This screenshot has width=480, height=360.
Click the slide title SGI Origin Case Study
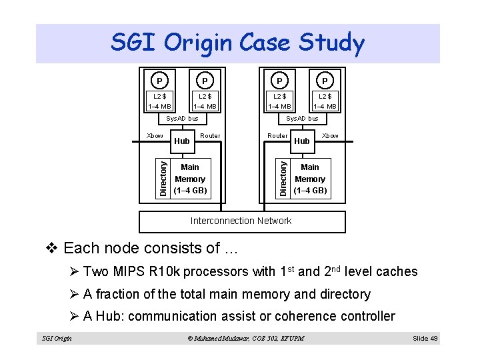click(x=238, y=44)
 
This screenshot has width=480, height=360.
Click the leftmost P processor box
click(x=159, y=81)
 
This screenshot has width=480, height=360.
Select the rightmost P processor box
click(x=325, y=81)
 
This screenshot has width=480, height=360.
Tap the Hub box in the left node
click(x=182, y=141)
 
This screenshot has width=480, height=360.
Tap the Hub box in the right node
click(x=301, y=141)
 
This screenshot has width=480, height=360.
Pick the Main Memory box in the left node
click(x=190, y=179)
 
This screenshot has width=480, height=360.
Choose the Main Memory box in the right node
click(x=310, y=179)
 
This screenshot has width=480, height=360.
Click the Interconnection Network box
click(x=241, y=221)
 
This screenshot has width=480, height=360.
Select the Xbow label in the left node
click(x=155, y=135)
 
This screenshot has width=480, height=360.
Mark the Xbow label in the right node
click(x=330, y=135)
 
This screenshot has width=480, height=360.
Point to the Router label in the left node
click(x=210, y=135)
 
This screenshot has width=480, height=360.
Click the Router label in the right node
click(x=277, y=135)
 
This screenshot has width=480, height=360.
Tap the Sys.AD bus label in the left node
click(x=182, y=119)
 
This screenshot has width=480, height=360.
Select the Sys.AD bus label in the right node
click(x=302, y=119)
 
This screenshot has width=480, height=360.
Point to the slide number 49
click(x=425, y=338)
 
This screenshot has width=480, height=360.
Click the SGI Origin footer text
click(x=57, y=339)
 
